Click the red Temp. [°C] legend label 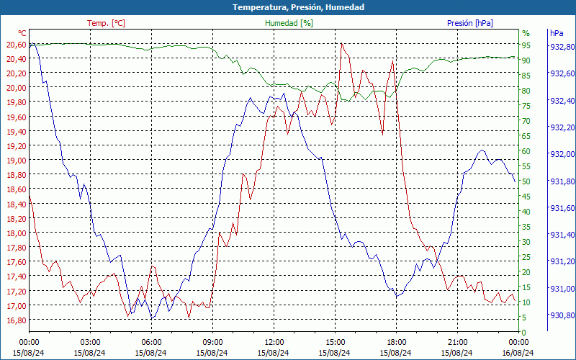(x=106, y=23)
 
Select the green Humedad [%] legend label (x=289, y=23)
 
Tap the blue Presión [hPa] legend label (x=470, y=23)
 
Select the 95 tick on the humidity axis (x=526, y=45)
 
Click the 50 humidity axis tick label (x=526, y=181)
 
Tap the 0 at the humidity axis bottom (x=523, y=333)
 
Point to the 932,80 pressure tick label (x=562, y=47)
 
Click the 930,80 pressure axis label (x=562, y=315)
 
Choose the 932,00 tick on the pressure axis (x=562, y=154)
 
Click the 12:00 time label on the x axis (x=274, y=342)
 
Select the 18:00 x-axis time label (x=396, y=342)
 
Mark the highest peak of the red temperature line (x=341, y=44)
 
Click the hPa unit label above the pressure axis (x=556, y=33)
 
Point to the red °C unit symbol (x=22, y=33)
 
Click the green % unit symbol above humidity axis (x=526, y=33)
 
